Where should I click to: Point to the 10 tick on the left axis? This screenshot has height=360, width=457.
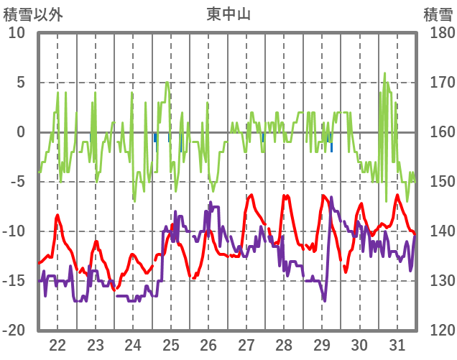click(x=17, y=33)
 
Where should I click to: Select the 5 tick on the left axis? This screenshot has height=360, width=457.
click(x=21, y=83)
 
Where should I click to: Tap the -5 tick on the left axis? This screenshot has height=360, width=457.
click(x=19, y=182)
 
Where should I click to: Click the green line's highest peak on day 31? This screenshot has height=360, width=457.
click(x=384, y=73)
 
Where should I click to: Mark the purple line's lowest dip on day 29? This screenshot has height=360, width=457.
click(x=324, y=300)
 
